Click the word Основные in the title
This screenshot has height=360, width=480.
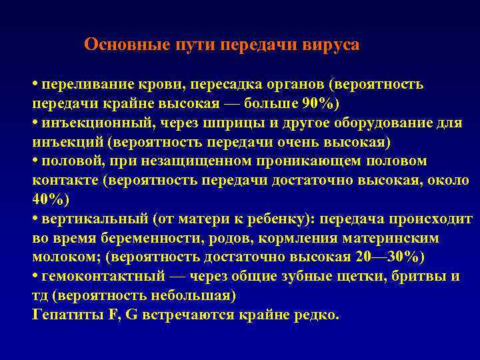117,45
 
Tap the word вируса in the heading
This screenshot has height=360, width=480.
333,45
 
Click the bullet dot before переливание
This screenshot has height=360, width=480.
35,86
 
